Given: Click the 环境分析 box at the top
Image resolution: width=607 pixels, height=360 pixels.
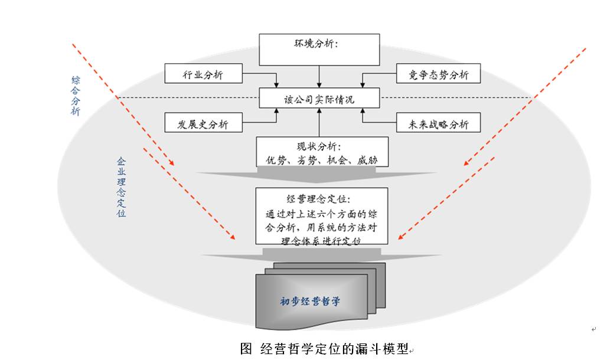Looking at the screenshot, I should [x=319, y=49].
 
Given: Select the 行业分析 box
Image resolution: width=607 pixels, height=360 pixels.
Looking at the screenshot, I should [x=203, y=74].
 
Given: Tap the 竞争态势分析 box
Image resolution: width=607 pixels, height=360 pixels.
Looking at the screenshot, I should [x=438, y=74].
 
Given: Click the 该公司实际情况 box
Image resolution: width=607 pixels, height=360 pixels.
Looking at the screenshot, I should [x=319, y=99].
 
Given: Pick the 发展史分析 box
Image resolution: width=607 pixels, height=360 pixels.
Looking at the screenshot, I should [x=203, y=123].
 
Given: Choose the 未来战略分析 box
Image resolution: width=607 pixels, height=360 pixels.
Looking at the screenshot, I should [x=438, y=123].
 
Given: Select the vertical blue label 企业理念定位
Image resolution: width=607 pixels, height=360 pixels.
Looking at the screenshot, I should [x=122, y=187].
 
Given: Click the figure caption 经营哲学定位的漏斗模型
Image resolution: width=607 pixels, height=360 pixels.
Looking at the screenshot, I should [x=334, y=349].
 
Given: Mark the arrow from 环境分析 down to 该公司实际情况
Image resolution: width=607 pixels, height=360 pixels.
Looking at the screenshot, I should [x=319, y=77].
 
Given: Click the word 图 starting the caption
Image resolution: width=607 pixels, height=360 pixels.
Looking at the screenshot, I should [x=246, y=349].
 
